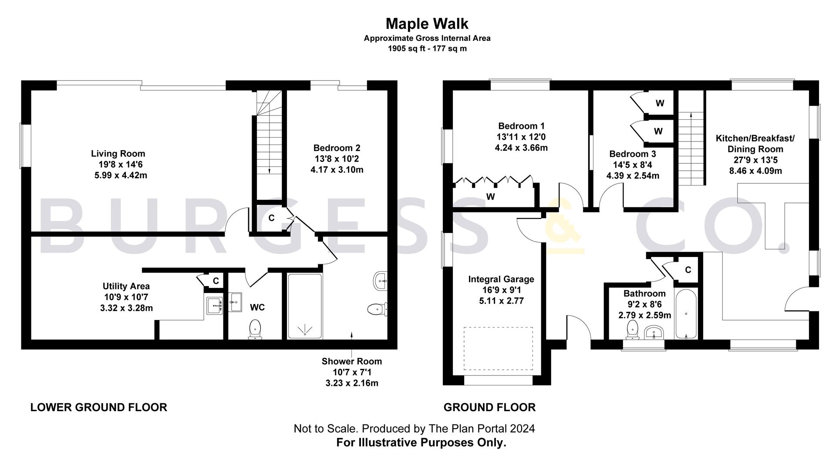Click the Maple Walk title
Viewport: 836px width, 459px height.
point(427,23)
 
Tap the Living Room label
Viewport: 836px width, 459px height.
point(118,153)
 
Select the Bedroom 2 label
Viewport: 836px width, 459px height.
point(337,148)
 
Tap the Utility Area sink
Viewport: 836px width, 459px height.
point(214,305)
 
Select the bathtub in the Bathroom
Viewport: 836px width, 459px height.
point(686,314)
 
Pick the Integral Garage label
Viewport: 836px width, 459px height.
point(501,279)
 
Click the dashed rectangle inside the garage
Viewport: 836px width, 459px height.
point(498,348)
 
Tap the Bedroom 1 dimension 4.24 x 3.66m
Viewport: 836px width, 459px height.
point(521,148)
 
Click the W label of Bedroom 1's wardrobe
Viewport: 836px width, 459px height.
point(490,197)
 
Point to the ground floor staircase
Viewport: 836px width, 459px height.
point(691,148)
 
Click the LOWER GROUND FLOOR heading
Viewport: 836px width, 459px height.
point(99,407)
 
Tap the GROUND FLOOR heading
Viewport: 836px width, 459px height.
point(489,407)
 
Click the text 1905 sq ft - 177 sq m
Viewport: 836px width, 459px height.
point(427,48)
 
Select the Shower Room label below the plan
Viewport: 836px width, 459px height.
point(351,361)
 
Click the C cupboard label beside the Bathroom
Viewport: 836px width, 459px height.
point(688,270)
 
